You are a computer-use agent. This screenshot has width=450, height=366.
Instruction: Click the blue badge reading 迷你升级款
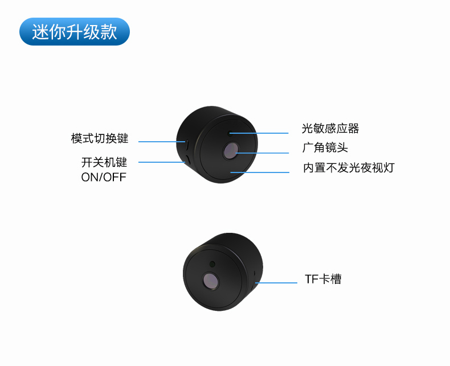75,31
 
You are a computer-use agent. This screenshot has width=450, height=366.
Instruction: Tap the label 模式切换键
100,138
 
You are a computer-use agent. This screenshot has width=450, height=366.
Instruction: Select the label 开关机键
104,162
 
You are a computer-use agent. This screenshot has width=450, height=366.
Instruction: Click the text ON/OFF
104,177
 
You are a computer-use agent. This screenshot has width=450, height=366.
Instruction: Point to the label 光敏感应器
330,129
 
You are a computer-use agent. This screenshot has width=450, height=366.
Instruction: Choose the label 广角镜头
325,148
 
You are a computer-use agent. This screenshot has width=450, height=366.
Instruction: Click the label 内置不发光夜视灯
349,168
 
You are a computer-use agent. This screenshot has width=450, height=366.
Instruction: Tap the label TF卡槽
323,279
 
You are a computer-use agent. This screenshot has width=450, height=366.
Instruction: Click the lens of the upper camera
231,150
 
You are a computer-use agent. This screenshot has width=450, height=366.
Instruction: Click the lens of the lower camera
211,280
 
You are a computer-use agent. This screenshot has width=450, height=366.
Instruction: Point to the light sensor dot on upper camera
230,133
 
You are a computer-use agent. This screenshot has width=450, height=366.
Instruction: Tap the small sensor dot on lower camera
212,264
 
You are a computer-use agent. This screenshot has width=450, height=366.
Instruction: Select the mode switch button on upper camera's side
186,145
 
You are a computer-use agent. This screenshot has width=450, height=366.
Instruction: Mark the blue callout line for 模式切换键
162,141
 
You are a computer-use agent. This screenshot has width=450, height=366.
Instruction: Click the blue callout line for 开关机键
162,162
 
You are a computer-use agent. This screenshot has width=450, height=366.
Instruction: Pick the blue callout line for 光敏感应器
259,133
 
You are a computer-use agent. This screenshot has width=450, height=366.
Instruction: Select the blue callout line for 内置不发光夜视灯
260,172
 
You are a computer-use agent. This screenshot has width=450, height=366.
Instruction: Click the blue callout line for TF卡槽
276,283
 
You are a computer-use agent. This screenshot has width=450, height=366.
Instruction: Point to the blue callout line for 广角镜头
262,153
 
